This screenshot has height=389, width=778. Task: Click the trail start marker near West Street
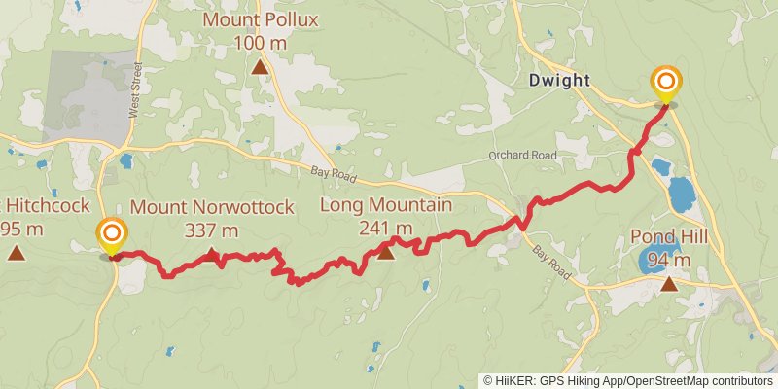(x=113, y=233)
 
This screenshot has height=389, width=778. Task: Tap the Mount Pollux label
(x=261, y=20)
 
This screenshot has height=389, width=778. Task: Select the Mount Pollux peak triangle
(x=261, y=66)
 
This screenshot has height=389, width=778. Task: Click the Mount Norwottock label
(x=211, y=207)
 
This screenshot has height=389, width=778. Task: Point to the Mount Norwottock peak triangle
(x=212, y=255)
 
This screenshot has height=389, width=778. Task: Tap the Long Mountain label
(x=386, y=205)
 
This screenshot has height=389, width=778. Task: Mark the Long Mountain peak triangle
(x=385, y=253)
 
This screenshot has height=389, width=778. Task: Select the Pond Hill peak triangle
(x=669, y=284)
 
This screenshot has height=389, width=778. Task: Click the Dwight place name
(x=559, y=80)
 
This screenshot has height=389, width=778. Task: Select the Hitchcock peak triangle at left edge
(x=16, y=253)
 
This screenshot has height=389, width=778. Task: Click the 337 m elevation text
(x=211, y=230)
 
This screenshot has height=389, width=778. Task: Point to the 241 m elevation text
(x=386, y=229)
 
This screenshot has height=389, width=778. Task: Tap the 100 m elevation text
(x=261, y=43)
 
